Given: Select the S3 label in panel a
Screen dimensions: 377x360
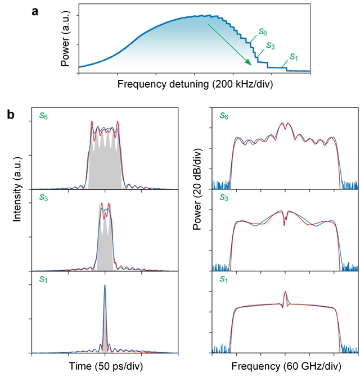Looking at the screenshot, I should tap(270, 45).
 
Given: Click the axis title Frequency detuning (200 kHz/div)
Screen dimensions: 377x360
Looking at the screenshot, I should tap(194, 84).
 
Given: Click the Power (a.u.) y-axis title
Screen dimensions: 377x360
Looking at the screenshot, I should tap(65, 39).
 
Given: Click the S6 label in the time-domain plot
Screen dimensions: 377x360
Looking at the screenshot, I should tap(43, 116).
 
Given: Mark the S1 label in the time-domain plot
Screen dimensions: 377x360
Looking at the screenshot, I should tap(43, 279).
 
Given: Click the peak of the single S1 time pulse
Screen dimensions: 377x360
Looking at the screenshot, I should tap(105, 285).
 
